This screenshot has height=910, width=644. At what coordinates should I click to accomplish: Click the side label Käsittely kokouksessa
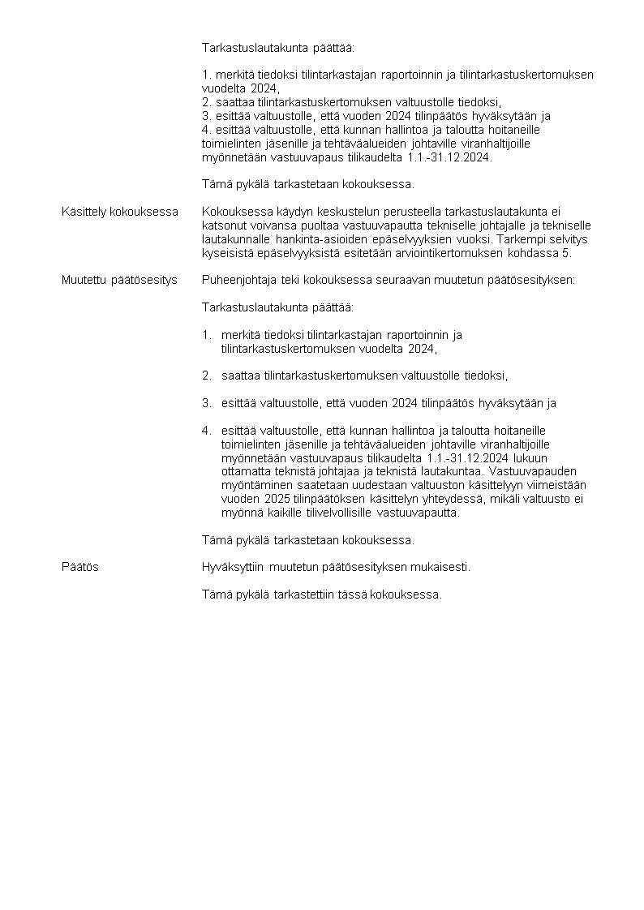[119, 212]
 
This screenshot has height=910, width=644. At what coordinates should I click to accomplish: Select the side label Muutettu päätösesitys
[119, 280]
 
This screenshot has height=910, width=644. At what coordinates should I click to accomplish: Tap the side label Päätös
[80, 567]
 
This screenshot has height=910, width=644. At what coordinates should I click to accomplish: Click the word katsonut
[225, 225]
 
